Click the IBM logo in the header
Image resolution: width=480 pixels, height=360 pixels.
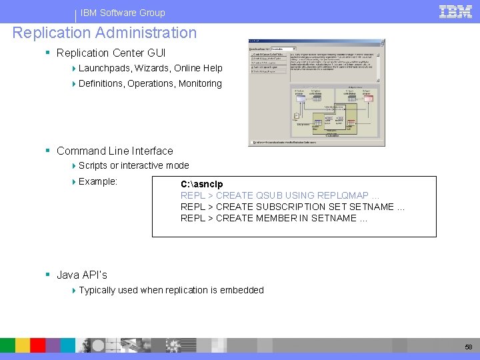pos(456,11)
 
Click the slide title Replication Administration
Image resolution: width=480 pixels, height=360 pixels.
pos(105,33)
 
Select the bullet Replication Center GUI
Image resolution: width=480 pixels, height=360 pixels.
pos(111,53)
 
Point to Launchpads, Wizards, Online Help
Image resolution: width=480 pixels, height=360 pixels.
pos(150,68)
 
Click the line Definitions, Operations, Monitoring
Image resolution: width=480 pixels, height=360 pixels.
pos(150,83)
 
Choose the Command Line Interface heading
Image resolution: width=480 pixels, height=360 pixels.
pos(115,151)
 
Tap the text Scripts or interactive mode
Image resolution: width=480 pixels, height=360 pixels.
pos(133,165)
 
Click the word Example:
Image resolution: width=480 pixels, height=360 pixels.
pos(98,181)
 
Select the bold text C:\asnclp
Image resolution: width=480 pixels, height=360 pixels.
pos(201,184)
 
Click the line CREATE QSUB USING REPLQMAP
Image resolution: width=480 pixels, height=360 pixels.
pos(280,195)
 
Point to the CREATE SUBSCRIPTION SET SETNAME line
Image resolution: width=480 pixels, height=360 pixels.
pos(293,207)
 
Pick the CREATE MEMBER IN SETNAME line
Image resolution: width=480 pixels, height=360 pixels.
pos(274,218)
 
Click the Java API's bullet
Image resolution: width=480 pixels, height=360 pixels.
pos(82,275)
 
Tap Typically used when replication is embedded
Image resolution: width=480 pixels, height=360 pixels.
pos(171,290)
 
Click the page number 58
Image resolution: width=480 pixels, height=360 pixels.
pos(468,347)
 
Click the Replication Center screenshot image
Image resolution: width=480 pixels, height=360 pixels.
pos(316,93)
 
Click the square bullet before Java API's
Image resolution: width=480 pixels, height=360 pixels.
pos(49,275)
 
